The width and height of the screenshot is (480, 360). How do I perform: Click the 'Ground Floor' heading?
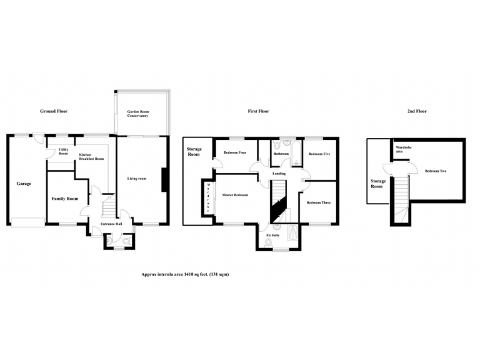[54, 111]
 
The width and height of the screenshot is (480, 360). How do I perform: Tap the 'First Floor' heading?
[258, 111]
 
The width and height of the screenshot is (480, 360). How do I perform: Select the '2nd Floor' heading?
[417, 111]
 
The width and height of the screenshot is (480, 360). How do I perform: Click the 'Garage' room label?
[24, 184]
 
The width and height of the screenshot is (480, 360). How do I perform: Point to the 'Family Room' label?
[64, 199]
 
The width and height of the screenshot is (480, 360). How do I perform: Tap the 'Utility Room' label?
[63, 151]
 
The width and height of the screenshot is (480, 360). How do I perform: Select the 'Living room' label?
[136, 179]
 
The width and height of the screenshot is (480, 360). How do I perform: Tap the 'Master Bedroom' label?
[236, 195]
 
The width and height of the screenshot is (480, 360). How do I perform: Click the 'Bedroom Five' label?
[319, 153]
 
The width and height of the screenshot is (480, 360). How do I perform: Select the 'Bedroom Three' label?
[318, 202]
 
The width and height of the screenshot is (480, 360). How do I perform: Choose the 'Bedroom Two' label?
[435, 171]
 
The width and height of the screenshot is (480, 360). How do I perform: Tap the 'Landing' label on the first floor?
[279, 174]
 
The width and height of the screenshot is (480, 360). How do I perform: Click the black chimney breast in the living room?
[164, 180]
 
